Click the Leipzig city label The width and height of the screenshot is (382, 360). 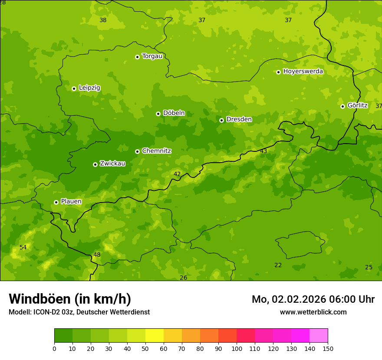click(x=89, y=88)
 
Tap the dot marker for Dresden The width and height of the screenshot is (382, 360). click(x=221, y=120)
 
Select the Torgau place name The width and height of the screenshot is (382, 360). click(x=152, y=56)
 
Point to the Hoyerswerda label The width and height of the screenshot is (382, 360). click(x=303, y=72)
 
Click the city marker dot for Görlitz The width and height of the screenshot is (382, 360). click(x=342, y=106)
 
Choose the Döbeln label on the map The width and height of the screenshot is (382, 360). click(x=174, y=113)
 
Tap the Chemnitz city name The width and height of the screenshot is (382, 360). click(x=156, y=151)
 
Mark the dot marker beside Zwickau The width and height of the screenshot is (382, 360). click(x=95, y=164)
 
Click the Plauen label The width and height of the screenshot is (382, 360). click(x=71, y=202)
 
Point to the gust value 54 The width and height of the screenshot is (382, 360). click(x=23, y=247)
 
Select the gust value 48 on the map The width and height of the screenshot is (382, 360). click(x=97, y=255)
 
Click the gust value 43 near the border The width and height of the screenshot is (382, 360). click(x=263, y=151)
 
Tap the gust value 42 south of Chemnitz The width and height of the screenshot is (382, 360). click(x=177, y=174)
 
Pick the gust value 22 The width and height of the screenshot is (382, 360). click(x=278, y=265)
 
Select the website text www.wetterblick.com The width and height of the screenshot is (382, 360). click(x=313, y=312)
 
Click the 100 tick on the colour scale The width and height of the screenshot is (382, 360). click(x=237, y=348)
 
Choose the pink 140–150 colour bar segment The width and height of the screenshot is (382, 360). click(x=319, y=336)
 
